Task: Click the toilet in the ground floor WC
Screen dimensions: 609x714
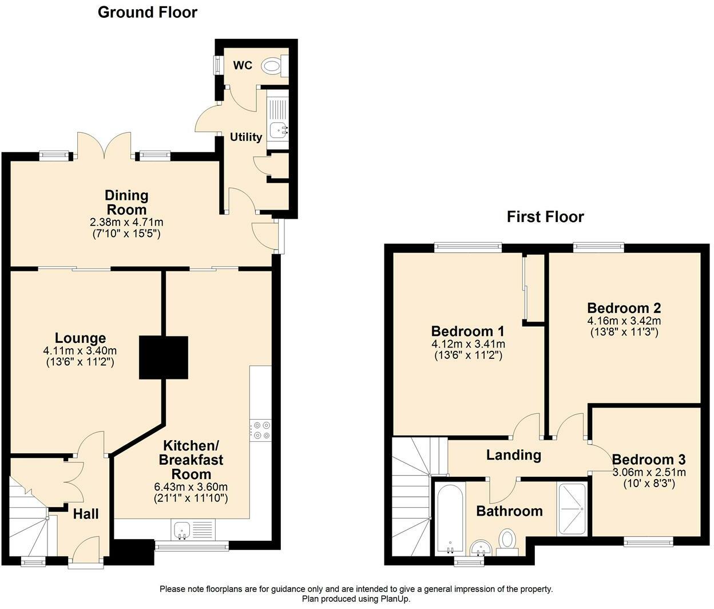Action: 273,66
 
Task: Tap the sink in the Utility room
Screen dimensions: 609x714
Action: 279,130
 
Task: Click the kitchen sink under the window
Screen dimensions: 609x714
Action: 182,529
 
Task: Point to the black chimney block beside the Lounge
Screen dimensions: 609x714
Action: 164,358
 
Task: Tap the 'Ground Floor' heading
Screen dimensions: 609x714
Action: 148,12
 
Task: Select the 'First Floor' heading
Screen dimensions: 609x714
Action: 545,217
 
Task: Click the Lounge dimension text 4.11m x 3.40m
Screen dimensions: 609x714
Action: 80,351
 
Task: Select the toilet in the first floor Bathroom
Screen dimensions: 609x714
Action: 507,541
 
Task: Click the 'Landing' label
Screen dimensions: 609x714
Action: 513,455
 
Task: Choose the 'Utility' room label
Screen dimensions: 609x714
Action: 246,137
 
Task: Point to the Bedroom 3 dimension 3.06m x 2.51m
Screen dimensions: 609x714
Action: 649,473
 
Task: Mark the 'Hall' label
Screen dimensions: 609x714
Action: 86,514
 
